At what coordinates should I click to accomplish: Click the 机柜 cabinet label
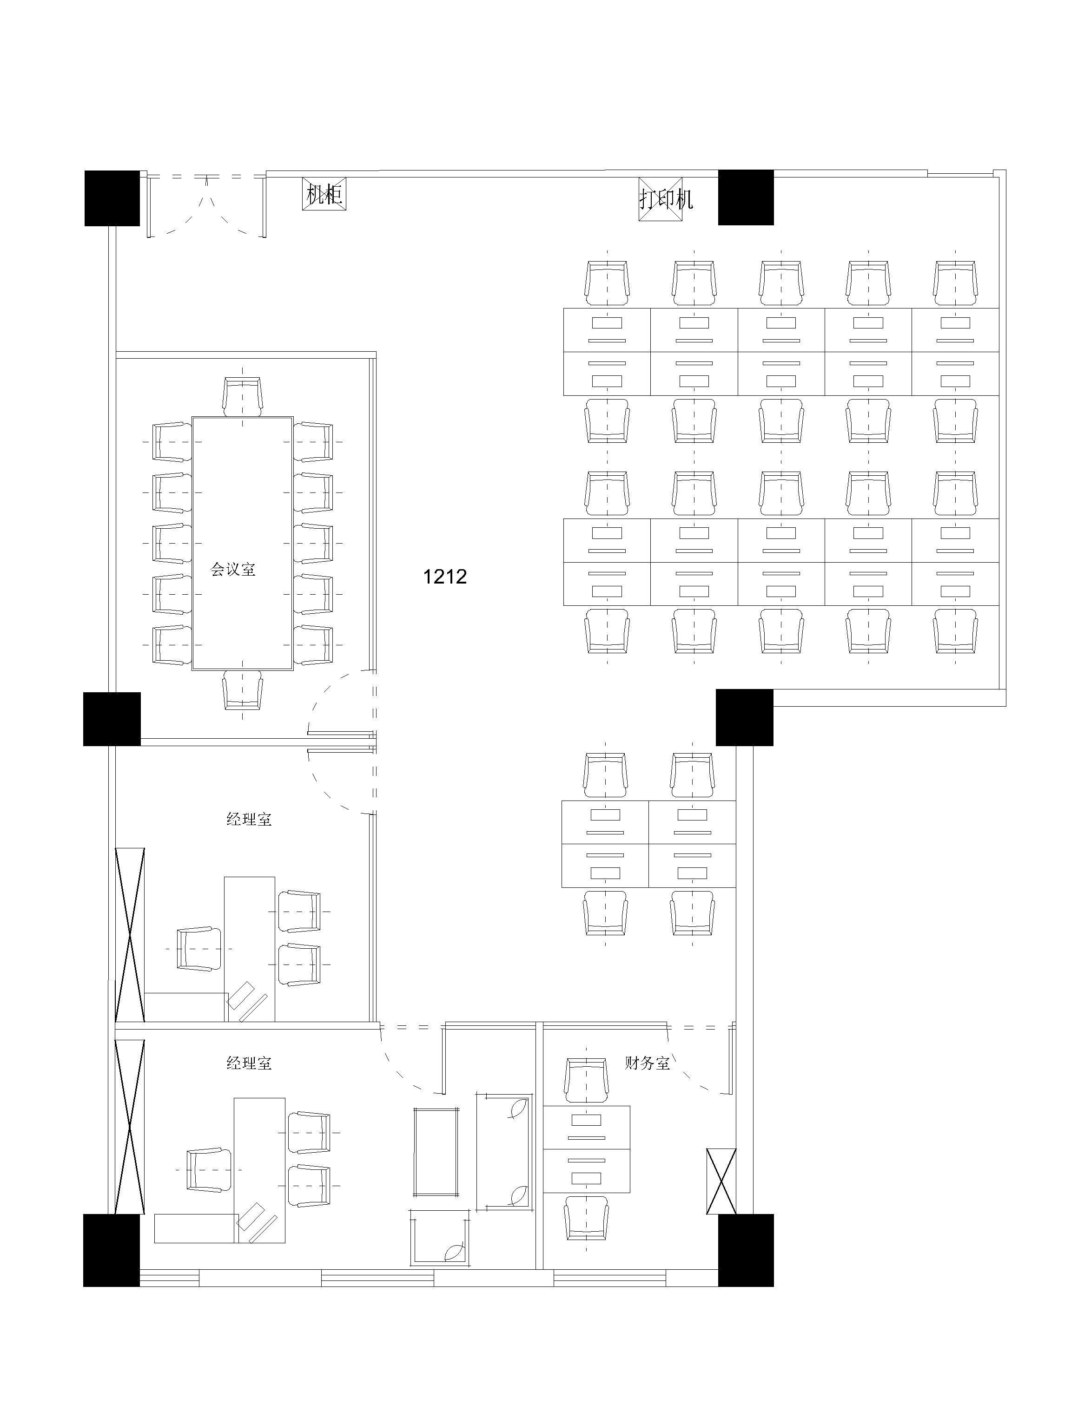[324, 195]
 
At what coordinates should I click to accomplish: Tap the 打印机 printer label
[666, 200]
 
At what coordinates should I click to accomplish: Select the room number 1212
[445, 577]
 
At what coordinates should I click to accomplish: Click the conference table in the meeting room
[243, 544]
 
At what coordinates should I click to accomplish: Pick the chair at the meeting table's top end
[243, 396]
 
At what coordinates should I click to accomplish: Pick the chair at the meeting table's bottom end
[243, 690]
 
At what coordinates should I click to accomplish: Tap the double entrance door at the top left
[206, 205]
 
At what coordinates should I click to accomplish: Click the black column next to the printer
[746, 197]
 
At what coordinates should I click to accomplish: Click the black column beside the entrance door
[112, 198]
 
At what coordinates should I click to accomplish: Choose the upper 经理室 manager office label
[249, 819]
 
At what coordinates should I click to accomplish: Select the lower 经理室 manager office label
[249, 1063]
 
